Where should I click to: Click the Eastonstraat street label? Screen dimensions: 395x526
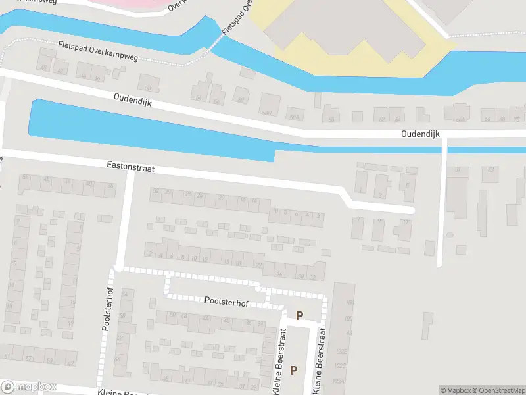click(x=130, y=169)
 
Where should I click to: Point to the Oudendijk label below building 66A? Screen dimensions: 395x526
click(x=420, y=134)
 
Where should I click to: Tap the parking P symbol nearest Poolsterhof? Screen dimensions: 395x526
click(x=300, y=316)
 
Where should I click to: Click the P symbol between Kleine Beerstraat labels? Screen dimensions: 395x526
click(x=294, y=370)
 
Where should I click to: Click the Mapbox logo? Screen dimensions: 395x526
click(x=29, y=387)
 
